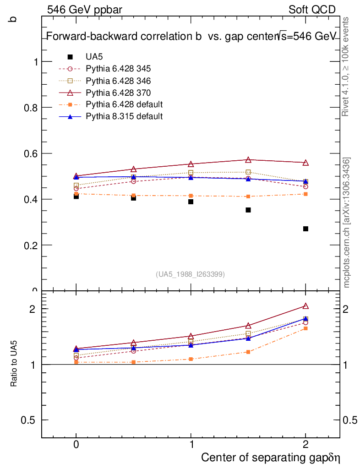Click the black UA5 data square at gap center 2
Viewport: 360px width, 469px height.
pos(305,229)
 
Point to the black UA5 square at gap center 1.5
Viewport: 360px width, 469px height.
pos(248,210)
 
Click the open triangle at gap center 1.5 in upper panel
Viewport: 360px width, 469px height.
pos(248,160)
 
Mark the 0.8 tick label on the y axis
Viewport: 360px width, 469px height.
pos(30,107)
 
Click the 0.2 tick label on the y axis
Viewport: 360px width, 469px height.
pos(30,245)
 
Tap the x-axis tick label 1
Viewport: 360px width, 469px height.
pos(191,444)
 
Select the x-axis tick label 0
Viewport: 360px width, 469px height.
pos(76,444)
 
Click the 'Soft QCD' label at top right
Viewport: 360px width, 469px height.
pos(312,10)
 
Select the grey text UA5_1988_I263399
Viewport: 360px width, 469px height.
pos(191,274)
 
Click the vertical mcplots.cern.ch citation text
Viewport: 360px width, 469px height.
pos(347,222)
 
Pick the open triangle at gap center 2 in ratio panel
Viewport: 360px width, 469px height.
pos(305,306)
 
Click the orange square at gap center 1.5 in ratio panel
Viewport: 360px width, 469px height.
pos(248,352)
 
